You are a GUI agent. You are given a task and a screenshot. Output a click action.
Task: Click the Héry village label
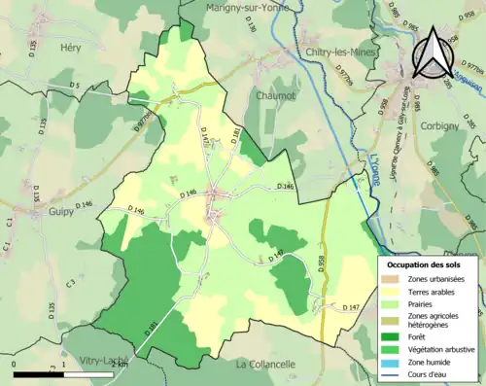click(x=70, y=47)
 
